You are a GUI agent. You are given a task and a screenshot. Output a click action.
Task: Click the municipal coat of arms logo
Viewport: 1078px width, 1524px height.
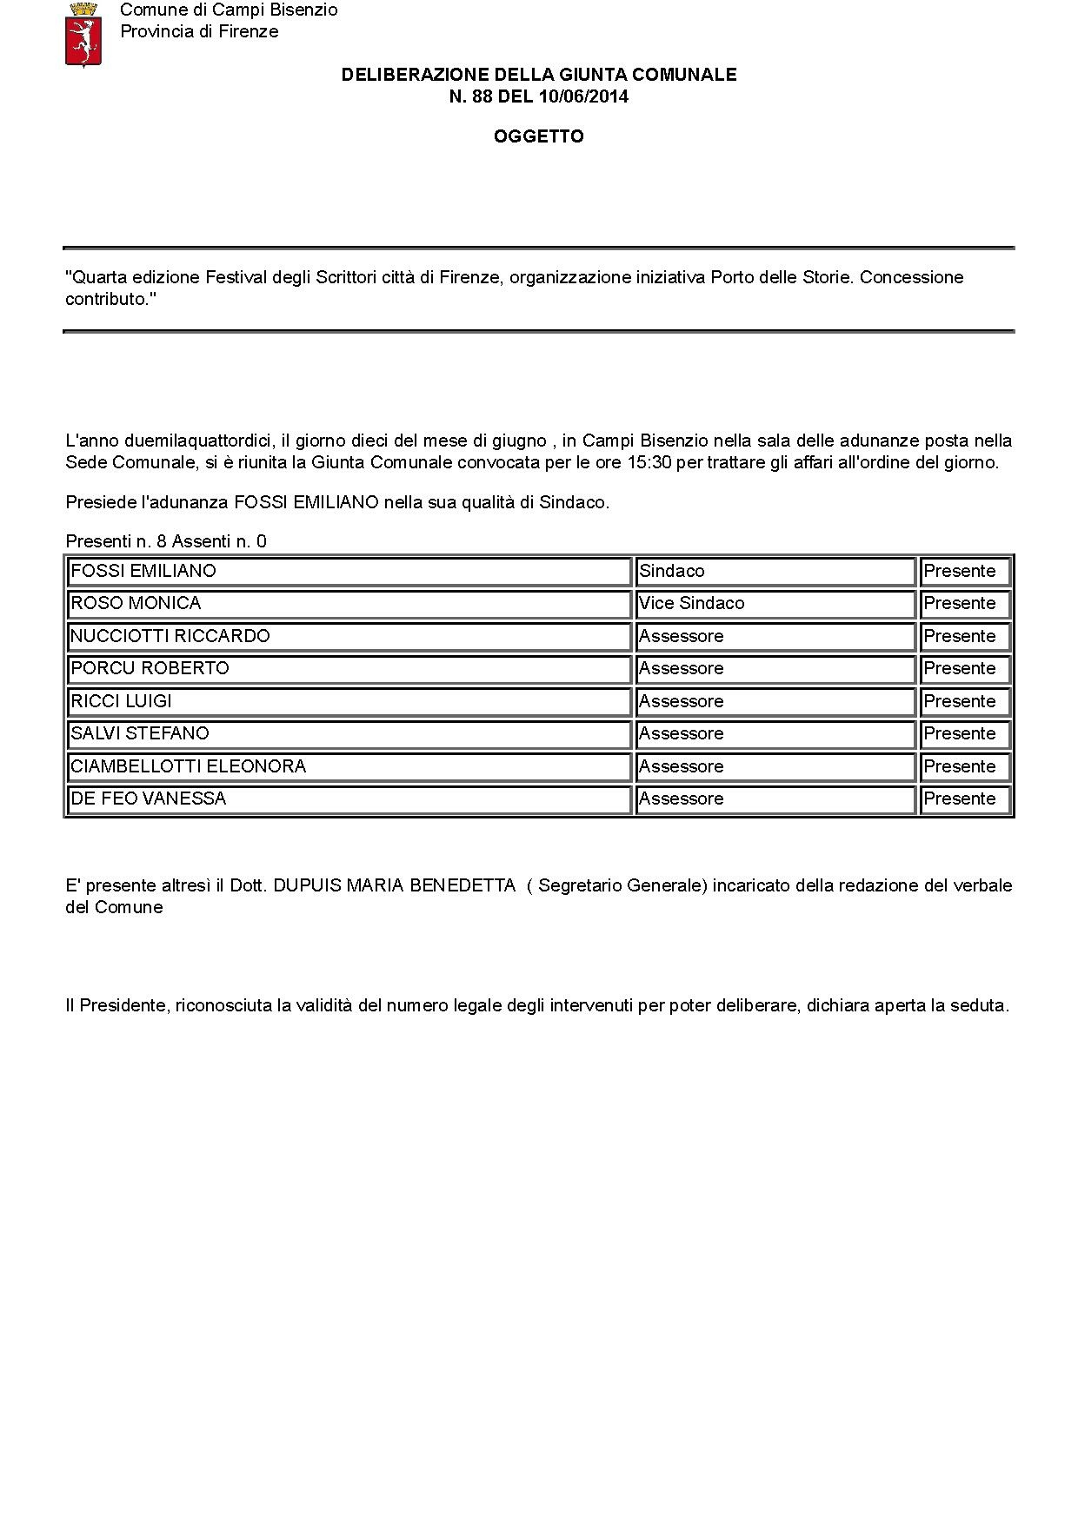(83, 34)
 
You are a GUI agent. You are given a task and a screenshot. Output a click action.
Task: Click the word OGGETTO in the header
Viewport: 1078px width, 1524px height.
(538, 136)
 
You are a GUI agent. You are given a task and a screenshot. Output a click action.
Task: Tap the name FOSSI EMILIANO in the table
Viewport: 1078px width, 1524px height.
(143, 571)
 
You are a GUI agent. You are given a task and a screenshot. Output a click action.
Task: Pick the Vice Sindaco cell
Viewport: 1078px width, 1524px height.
(692, 603)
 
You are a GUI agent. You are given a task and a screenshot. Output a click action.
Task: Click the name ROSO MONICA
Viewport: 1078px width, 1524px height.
(136, 603)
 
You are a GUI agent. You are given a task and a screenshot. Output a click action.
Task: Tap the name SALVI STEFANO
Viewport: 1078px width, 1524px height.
(140, 733)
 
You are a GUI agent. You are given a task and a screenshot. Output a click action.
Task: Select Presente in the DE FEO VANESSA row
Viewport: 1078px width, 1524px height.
(960, 798)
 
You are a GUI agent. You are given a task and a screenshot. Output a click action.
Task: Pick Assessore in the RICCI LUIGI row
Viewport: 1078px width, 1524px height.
(682, 701)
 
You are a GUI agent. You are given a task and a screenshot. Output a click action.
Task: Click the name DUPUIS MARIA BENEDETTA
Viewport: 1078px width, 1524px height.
(395, 885)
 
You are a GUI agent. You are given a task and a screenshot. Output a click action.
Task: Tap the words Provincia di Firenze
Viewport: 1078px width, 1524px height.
(199, 31)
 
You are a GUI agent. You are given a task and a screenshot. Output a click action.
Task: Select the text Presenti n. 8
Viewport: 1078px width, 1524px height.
(116, 541)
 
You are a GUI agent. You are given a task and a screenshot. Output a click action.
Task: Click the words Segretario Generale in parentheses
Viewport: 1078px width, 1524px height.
(621, 885)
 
